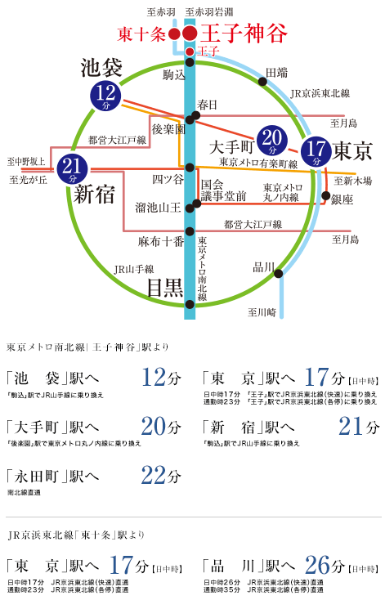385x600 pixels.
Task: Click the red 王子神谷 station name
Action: [x=244, y=34]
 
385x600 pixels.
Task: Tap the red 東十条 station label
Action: [x=141, y=34]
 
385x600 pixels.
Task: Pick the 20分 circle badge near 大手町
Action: [x=273, y=141]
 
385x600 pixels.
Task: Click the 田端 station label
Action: [x=276, y=73]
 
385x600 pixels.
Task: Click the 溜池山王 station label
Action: [x=158, y=208]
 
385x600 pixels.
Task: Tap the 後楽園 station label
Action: [x=168, y=130]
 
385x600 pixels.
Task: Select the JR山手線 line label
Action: [x=132, y=268]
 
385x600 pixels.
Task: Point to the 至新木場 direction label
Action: [x=353, y=180]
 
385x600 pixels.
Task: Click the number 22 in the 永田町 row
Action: [x=154, y=475]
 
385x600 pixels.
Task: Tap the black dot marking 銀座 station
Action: [x=326, y=196]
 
